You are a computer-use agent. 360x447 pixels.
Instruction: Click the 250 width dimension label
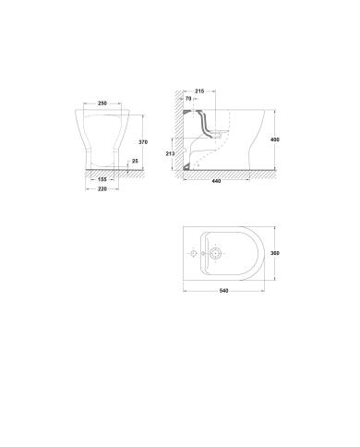point(102,103)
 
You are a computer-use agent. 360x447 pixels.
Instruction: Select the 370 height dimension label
point(143,142)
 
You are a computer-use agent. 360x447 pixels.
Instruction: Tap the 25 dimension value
point(135,161)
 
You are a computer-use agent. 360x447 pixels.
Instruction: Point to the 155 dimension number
point(102,179)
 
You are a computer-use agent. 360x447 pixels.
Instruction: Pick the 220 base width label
point(102,189)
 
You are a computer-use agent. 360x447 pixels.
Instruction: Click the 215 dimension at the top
point(199,91)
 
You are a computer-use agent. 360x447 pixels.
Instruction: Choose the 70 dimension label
point(188,99)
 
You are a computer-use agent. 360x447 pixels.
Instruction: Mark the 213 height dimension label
point(170,153)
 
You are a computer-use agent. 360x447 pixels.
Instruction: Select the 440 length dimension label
point(217,181)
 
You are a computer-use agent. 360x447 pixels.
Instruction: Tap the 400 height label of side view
point(275,139)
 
